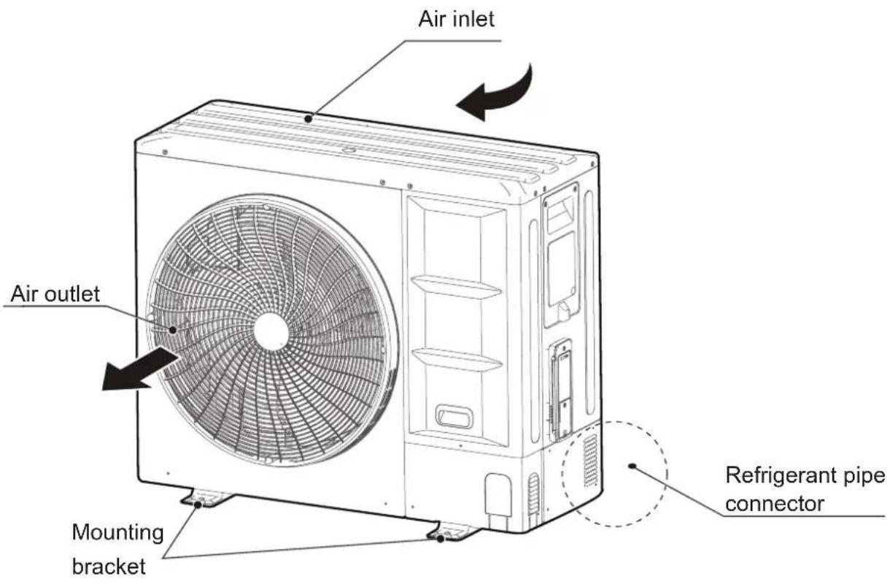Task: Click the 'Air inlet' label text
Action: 456,19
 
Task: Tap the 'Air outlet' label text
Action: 55,293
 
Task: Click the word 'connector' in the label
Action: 775,504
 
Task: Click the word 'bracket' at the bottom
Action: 109,566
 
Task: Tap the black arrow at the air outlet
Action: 139,369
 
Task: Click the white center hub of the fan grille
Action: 271,331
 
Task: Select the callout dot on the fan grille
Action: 173,329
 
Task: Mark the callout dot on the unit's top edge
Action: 308,118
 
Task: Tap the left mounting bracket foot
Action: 206,499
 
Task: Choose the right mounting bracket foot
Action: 453,531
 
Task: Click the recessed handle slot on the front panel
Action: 454,417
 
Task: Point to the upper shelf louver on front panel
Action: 456,287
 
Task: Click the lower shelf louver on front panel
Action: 457,359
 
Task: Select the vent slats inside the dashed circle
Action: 590,461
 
